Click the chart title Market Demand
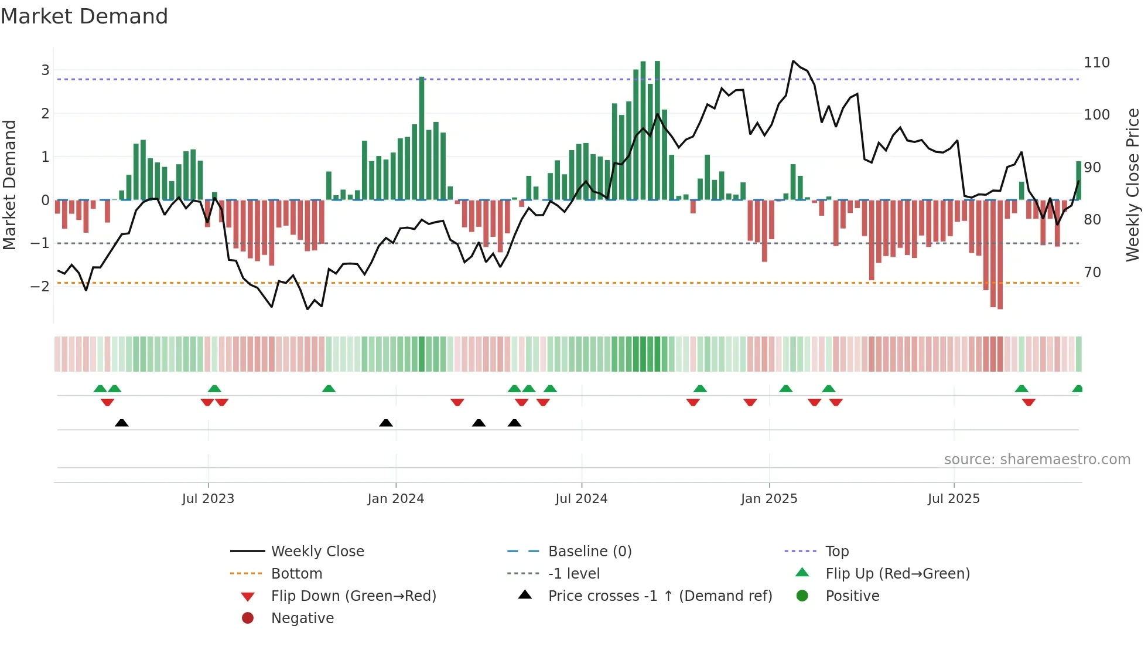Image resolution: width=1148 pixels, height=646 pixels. [x=84, y=16]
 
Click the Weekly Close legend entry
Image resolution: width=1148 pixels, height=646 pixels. [x=317, y=552]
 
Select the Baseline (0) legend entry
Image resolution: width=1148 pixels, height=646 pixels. [x=589, y=552]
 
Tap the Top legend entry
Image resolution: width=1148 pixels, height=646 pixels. [x=836, y=552]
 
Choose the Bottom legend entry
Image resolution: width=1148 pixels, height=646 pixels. [x=296, y=574]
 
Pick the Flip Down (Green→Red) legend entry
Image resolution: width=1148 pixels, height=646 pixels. [x=353, y=596]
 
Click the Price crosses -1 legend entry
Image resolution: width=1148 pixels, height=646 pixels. [x=660, y=596]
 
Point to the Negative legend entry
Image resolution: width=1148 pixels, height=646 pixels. [x=302, y=618]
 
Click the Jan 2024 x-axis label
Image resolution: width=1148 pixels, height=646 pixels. [x=395, y=499]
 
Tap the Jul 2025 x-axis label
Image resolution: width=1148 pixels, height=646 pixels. [x=953, y=499]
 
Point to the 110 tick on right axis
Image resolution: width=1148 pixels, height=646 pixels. [x=1096, y=63]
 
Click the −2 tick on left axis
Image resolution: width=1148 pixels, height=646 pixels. [x=40, y=287]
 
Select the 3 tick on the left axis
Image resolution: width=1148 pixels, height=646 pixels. [x=45, y=70]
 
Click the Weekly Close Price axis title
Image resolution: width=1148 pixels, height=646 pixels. [x=1132, y=185]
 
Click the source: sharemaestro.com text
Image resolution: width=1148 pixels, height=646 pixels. [x=1037, y=460]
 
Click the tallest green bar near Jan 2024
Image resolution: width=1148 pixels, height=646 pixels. [x=422, y=138]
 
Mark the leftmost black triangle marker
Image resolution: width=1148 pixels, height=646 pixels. [x=121, y=423]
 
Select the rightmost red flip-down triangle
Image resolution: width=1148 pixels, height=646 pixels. [x=1029, y=402]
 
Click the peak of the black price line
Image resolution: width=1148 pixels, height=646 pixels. [x=793, y=61]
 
